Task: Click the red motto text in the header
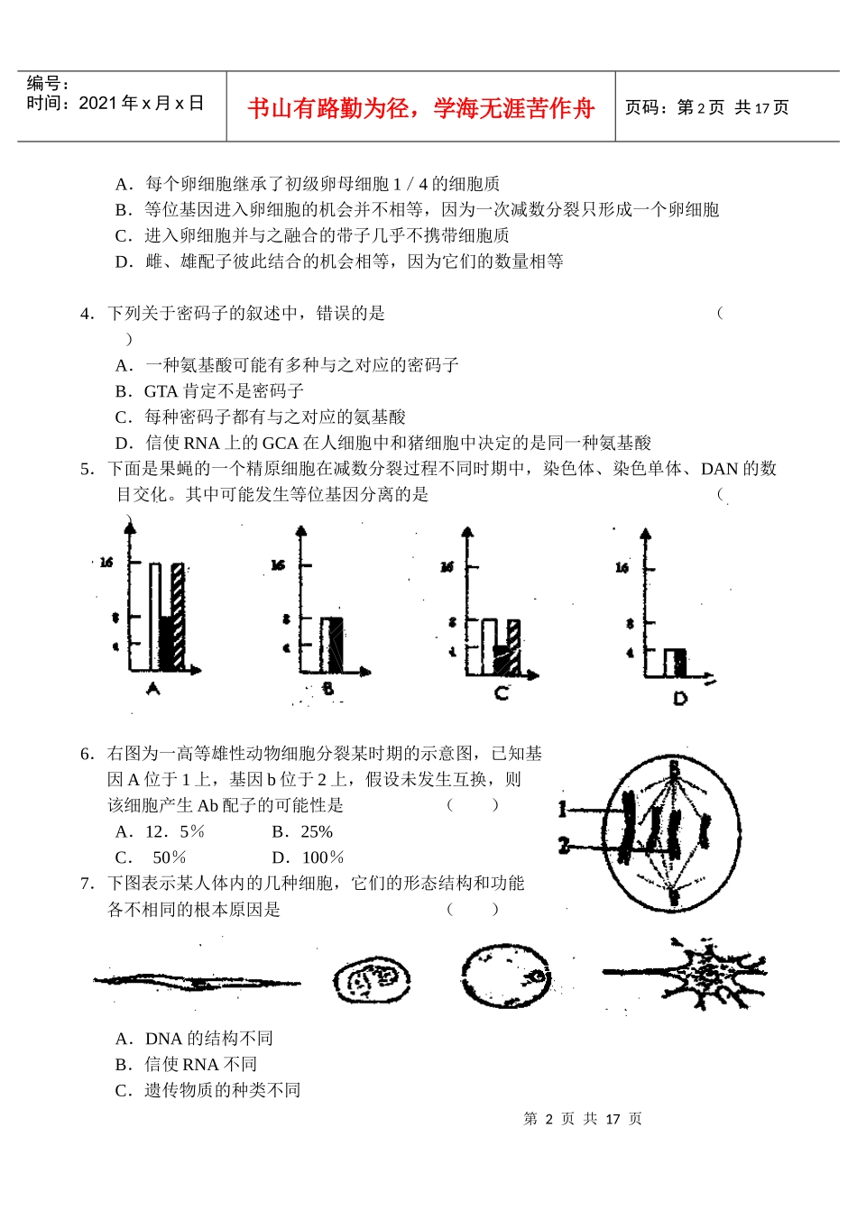(x=420, y=108)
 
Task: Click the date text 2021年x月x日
(x=115, y=104)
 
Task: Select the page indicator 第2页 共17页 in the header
(x=707, y=108)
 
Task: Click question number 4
(x=87, y=314)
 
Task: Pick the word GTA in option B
(x=161, y=391)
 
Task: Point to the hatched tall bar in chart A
(x=178, y=617)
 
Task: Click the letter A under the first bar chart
(x=152, y=690)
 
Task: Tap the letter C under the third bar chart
(x=502, y=693)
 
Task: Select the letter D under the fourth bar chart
(x=680, y=699)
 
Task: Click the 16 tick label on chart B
(x=278, y=564)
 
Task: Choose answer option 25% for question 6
(x=302, y=831)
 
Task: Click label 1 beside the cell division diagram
(x=563, y=810)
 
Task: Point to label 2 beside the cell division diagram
(x=563, y=846)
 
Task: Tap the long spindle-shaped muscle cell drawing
(x=197, y=981)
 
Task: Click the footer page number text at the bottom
(x=583, y=1119)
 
